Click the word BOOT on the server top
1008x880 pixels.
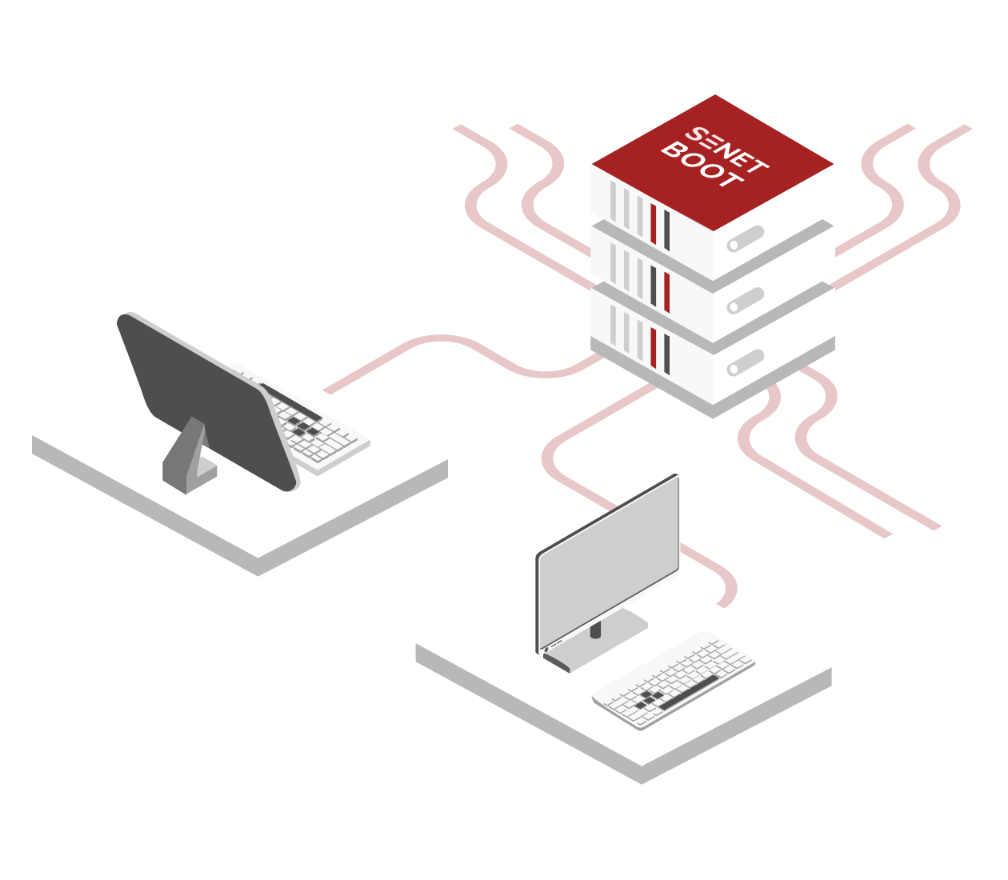pyautogui.click(x=702, y=166)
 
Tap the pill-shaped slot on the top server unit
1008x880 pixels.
pyautogui.click(x=746, y=238)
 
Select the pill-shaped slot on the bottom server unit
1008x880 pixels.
pyautogui.click(x=746, y=363)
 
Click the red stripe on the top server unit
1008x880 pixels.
pyautogui.click(x=654, y=224)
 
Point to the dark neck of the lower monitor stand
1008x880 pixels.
pyautogui.click(x=595, y=630)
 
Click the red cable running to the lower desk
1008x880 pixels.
pyautogui.click(x=560, y=472)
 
